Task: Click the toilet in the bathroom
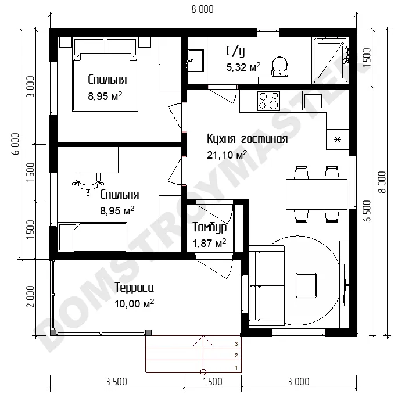point(279,66)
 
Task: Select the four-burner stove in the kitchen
point(268,101)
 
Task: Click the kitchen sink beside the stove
point(313,101)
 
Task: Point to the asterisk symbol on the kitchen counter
point(338,140)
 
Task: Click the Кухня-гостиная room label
point(247,139)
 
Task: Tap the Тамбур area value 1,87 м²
point(209,243)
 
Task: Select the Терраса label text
point(134,288)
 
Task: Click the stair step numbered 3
point(193,341)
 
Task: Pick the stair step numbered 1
point(193,366)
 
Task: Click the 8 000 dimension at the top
point(202,9)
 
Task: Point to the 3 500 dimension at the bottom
point(117,382)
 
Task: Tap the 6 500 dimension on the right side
point(367,211)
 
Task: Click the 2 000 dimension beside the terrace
point(30,296)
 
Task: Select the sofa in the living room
point(267,286)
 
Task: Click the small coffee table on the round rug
point(306,285)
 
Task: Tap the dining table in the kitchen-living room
point(317,194)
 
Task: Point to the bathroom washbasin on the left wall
point(196,60)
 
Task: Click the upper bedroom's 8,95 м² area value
point(105,96)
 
